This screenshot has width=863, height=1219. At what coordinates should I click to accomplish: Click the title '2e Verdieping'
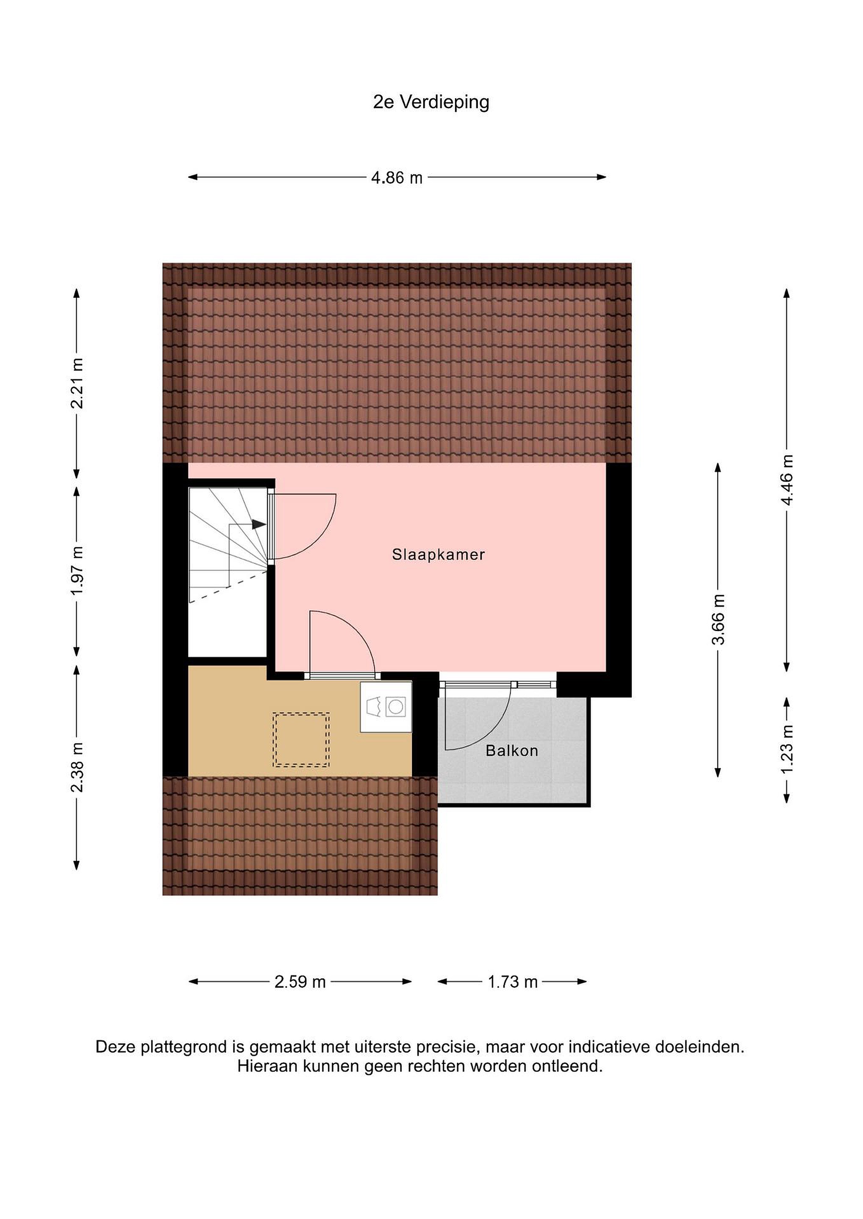pyautogui.click(x=431, y=102)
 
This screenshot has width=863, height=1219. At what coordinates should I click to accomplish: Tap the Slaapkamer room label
pyautogui.click(x=438, y=555)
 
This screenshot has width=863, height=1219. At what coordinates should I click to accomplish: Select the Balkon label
pyautogui.click(x=512, y=751)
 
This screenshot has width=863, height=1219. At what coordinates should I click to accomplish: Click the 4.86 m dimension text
pyautogui.click(x=397, y=177)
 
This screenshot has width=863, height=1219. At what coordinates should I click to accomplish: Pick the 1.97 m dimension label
pyautogui.click(x=77, y=571)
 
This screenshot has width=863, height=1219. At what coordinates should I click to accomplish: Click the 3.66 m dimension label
pyautogui.click(x=718, y=620)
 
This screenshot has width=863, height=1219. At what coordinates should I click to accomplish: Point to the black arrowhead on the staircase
pyautogui.click(x=259, y=524)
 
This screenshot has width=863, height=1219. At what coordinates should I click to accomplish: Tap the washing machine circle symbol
pyautogui.click(x=395, y=707)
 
